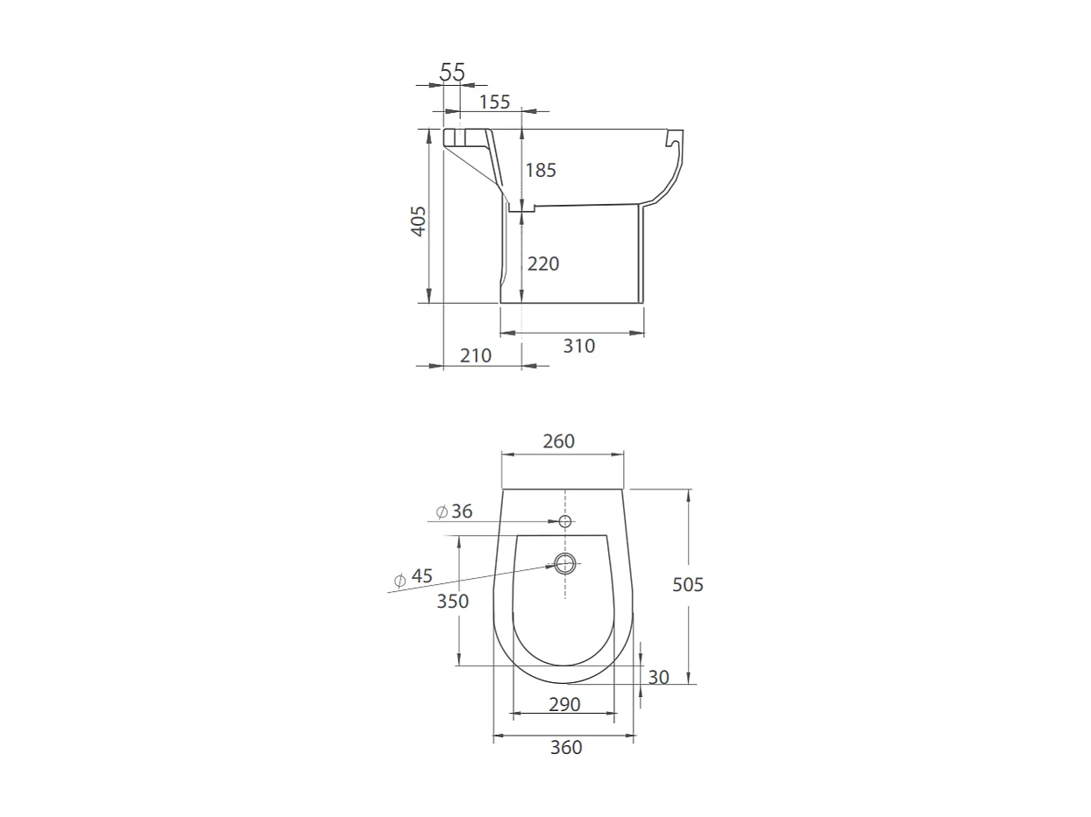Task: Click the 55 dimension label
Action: click(452, 73)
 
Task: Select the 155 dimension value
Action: click(494, 102)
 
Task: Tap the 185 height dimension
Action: click(541, 170)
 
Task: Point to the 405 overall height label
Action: click(419, 221)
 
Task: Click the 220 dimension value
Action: click(542, 264)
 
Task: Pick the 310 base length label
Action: click(578, 346)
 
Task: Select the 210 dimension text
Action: click(475, 356)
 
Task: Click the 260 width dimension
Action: click(558, 441)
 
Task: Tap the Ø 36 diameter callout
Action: click(454, 511)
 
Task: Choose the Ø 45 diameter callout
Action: click(413, 577)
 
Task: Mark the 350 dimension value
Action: click(453, 602)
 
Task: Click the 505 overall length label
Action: click(688, 585)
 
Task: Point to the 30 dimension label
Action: click(658, 677)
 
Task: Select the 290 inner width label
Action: click(564, 704)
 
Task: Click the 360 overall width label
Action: click(565, 747)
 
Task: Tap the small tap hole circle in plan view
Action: click(565, 522)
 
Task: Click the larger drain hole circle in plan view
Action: click(565, 563)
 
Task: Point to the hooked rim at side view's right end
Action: click(674, 138)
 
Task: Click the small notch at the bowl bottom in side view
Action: click(521, 208)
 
